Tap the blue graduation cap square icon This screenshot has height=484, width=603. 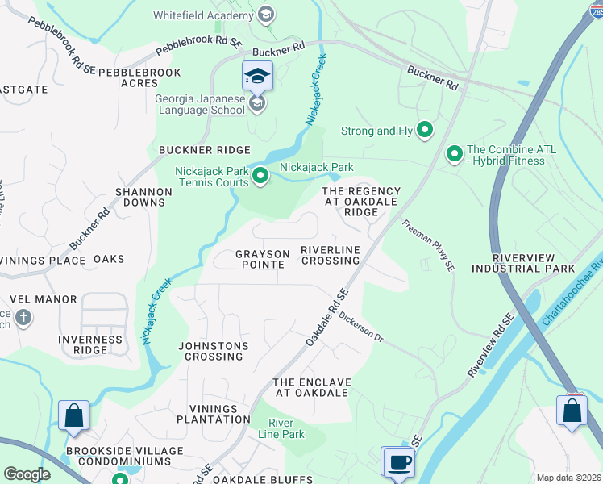click(257, 77)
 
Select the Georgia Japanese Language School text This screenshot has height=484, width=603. click(199, 104)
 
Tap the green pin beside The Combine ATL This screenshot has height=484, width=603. click(455, 152)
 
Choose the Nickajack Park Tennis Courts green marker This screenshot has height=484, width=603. click(260, 175)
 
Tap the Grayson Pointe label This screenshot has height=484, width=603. click(262, 259)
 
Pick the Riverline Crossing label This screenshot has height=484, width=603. click(330, 255)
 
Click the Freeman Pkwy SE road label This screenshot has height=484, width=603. click(427, 246)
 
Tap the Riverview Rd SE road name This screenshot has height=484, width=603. click(490, 345)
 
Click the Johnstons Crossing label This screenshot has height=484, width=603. click(213, 351)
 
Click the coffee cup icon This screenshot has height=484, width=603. click(398, 463)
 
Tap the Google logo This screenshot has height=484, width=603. click(27, 474)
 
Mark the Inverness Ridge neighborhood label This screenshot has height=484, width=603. click(90, 344)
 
